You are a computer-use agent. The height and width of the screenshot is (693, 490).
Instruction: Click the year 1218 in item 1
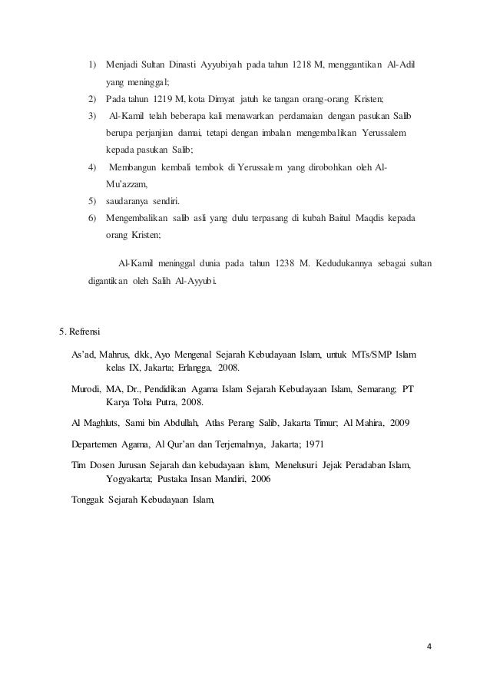click(x=302, y=62)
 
